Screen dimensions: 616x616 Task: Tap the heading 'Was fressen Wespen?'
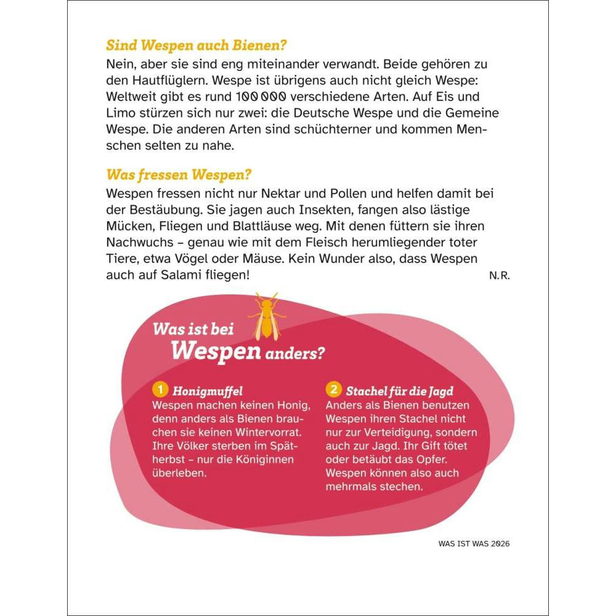[x=179, y=174]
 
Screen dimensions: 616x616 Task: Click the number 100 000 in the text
[x=259, y=97]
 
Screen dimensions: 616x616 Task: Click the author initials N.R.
[x=500, y=275]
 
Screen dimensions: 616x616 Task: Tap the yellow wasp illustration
[x=266, y=318]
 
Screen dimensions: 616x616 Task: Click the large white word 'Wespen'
[x=209, y=351]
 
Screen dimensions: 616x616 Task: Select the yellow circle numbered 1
[x=160, y=390]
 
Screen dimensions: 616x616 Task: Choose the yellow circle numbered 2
[x=333, y=390]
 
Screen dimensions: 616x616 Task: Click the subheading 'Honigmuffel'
[x=208, y=391]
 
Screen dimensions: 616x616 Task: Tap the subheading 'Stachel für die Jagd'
[x=400, y=391]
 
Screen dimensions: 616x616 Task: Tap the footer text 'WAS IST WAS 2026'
[x=474, y=543]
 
